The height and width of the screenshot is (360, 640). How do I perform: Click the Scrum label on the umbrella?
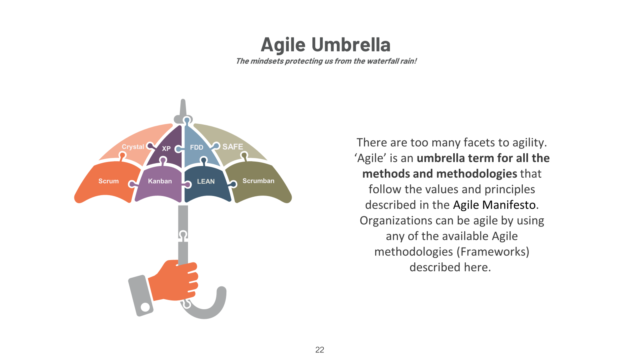point(108,181)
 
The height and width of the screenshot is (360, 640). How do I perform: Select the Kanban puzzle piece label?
point(160,181)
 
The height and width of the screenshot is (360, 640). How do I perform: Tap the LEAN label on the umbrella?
point(206,182)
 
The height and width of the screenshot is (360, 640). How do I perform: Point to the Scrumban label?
point(258,181)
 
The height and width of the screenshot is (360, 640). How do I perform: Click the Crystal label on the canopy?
point(133,147)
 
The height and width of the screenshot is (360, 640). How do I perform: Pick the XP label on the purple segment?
point(166,148)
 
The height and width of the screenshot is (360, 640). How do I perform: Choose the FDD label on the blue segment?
point(196,148)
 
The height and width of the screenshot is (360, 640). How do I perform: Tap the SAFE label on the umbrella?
point(232,147)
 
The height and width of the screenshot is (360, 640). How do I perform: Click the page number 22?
point(320,350)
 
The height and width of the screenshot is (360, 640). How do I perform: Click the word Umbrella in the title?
point(351,44)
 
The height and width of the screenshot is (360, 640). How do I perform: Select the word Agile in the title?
point(283,45)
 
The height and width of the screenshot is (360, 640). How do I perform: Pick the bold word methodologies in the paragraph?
point(477,174)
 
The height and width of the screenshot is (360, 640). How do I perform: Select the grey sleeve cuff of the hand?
point(140,296)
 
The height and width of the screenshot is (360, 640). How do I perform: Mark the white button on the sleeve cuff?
point(145,307)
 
